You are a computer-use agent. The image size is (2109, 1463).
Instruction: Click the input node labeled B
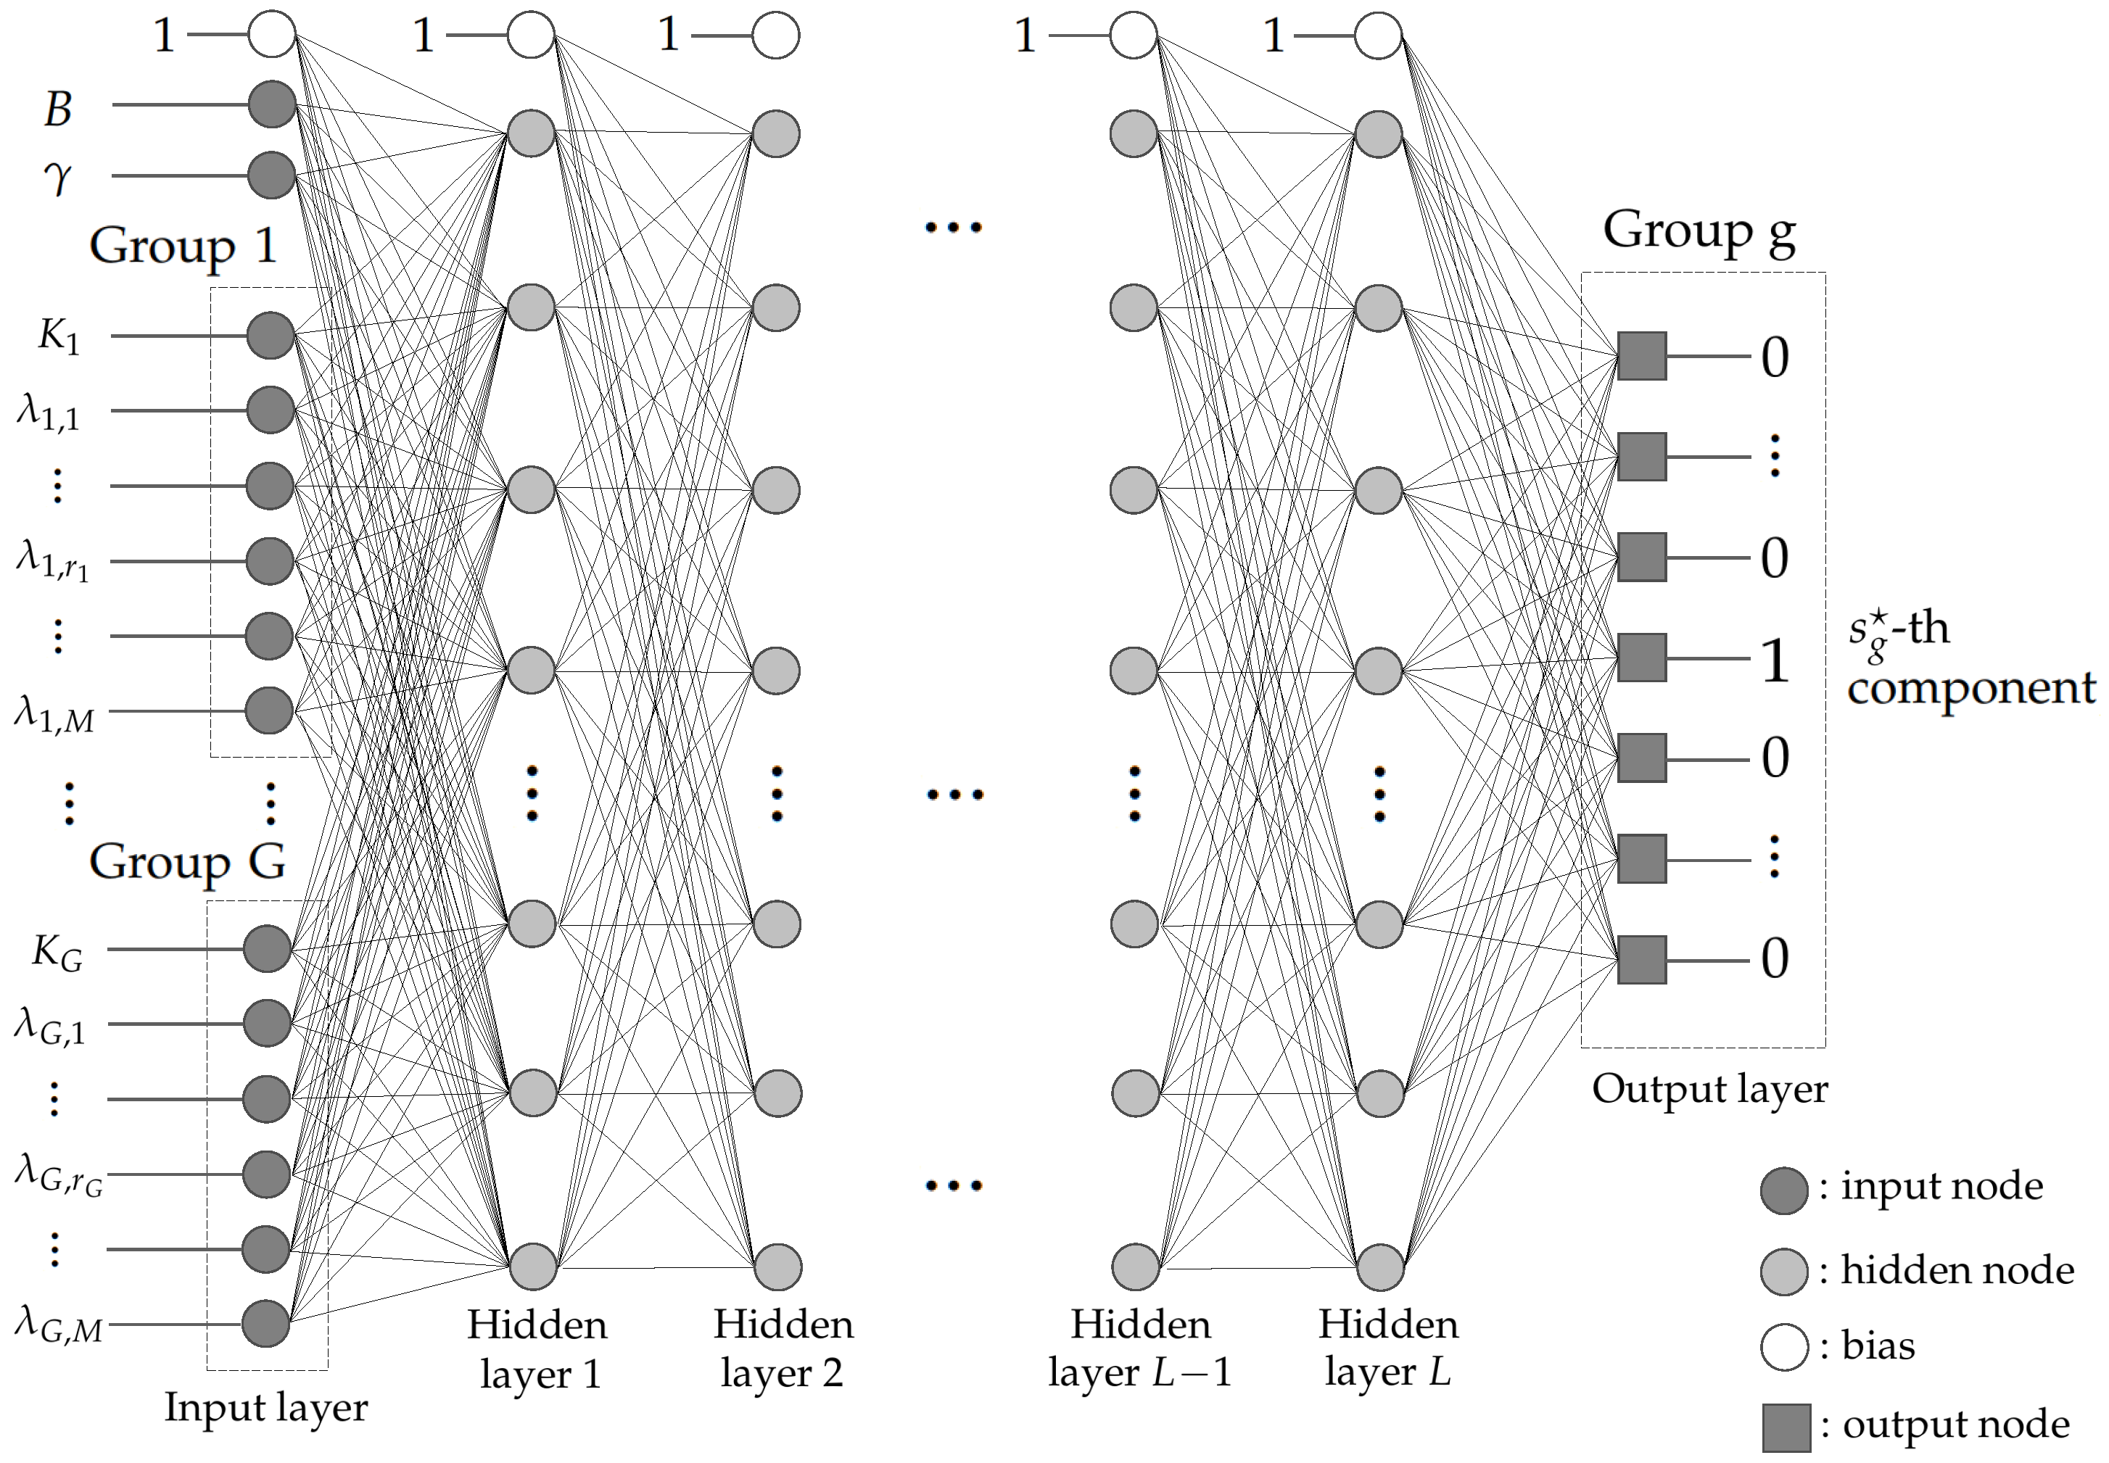click(x=271, y=104)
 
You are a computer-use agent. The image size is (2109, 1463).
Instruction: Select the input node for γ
click(x=271, y=174)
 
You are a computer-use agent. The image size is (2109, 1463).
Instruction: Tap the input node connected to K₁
click(x=271, y=336)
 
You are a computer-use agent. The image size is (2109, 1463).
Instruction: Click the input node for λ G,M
click(x=266, y=1323)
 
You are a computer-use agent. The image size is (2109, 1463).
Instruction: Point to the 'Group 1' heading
click(x=183, y=246)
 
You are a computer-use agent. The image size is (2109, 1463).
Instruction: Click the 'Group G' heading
click(x=187, y=862)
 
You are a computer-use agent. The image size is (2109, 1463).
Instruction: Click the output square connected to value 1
click(x=1641, y=658)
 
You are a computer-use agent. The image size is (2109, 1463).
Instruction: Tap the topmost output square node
click(x=1641, y=356)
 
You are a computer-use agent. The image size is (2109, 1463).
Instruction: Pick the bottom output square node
click(x=1641, y=960)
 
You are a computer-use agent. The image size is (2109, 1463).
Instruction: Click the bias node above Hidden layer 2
click(x=776, y=36)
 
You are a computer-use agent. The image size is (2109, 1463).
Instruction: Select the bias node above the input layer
click(x=271, y=35)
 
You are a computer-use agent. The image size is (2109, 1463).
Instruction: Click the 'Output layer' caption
click(x=1709, y=1089)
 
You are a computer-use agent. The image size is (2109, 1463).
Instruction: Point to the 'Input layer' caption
click(x=266, y=1407)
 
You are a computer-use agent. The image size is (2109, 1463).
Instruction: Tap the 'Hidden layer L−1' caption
click(x=1140, y=1348)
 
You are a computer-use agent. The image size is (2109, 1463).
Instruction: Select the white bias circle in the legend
click(x=1783, y=1346)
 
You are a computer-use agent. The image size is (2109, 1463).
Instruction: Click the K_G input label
click(x=57, y=953)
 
